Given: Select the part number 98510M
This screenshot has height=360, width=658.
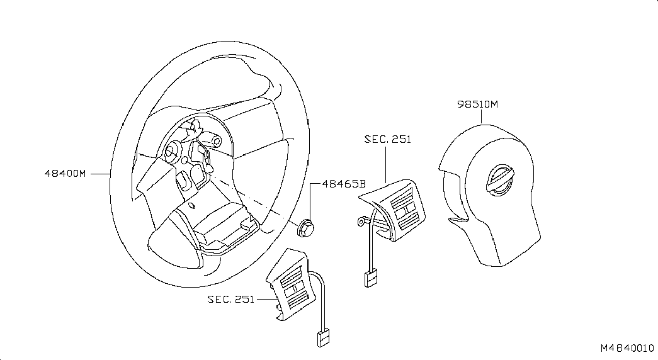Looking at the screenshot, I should [x=477, y=104].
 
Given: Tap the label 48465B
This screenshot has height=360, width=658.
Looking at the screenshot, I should [x=343, y=184].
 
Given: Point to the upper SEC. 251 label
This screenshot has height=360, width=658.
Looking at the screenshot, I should [x=387, y=139].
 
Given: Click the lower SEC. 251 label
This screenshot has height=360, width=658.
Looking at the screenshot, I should [x=230, y=299].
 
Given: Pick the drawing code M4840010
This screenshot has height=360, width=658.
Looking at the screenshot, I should [x=627, y=348].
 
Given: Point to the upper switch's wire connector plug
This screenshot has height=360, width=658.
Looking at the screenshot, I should [x=370, y=277].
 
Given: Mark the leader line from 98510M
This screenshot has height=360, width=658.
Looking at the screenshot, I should [x=482, y=116].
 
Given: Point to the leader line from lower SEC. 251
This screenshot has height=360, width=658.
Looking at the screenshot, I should [x=264, y=299].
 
